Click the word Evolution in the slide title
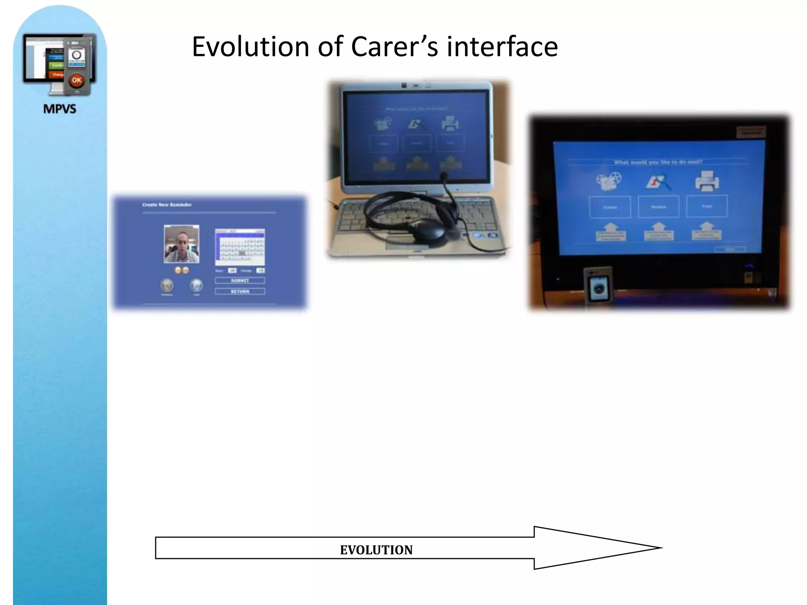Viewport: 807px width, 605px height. tap(251, 46)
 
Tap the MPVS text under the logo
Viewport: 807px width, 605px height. tap(60, 109)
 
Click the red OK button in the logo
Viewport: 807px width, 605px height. tap(76, 80)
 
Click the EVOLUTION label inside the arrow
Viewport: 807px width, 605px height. tap(376, 550)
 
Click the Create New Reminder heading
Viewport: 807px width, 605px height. tap(167, 205)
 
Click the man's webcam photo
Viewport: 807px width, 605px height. tap(181, 244)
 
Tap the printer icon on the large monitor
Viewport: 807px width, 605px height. tap(707, 181)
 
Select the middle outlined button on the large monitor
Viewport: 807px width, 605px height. tap(658, 206)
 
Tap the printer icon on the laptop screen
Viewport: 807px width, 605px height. tap(450, 124)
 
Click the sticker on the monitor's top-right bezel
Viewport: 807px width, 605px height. tap(751, 132)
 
